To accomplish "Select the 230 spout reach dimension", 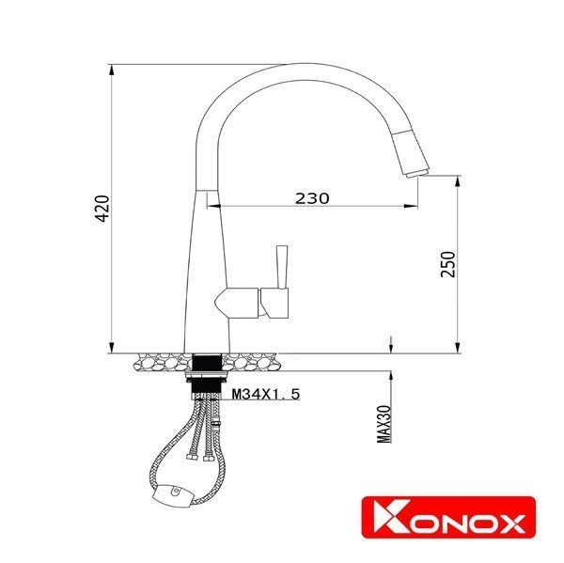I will tap(312, 198).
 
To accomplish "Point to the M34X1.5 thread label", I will tap(266, 396).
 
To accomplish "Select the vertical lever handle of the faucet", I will tap(279, 266).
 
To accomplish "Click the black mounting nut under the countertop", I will tap(207, 376).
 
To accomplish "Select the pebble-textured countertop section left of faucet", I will tap(160, 358).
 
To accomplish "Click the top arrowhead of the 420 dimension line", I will tap(112, 68).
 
